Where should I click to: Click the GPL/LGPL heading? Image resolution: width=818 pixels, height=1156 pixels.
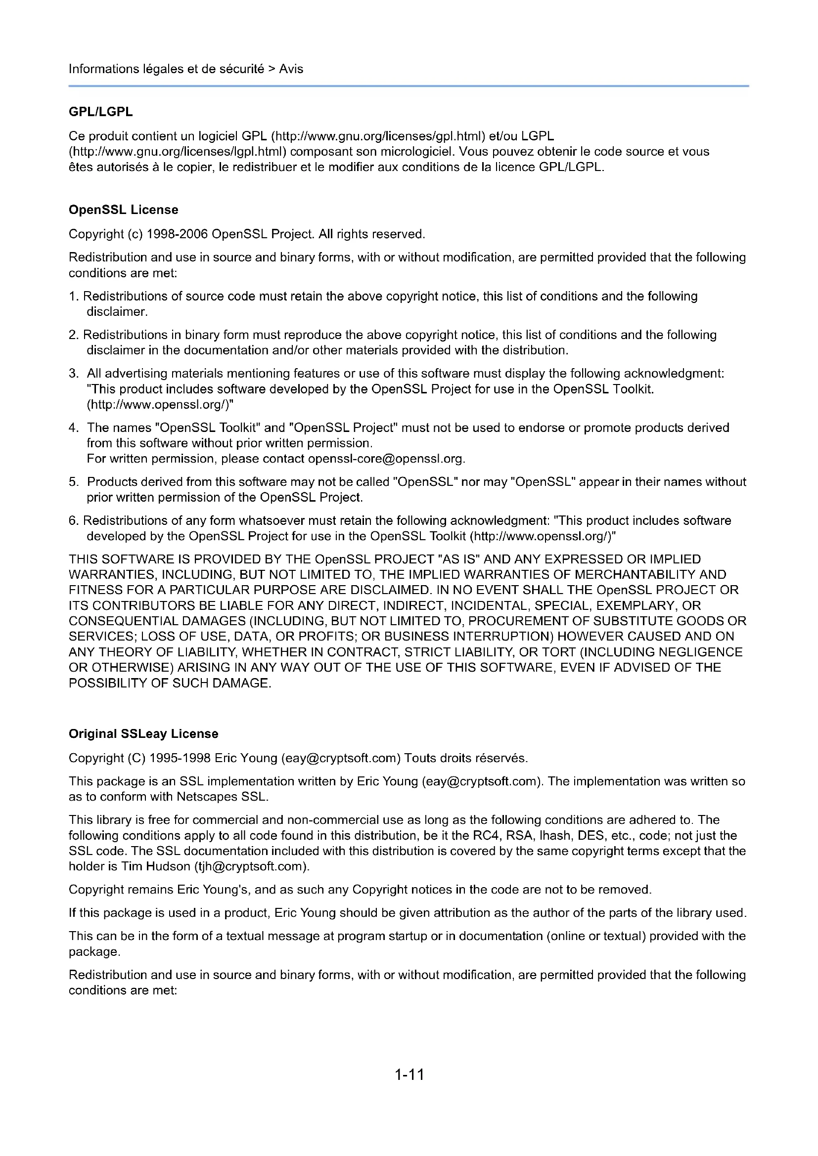101,112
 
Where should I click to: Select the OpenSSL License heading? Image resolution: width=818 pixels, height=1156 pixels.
124,210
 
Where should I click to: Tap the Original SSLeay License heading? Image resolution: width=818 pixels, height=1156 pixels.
143,733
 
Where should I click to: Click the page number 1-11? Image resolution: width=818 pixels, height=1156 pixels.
409,1074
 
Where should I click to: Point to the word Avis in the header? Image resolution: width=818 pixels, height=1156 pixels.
291,69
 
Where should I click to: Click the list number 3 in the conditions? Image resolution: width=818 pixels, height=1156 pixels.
73,374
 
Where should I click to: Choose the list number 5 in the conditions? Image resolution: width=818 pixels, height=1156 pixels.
73,482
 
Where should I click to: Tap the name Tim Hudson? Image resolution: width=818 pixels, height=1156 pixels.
156,866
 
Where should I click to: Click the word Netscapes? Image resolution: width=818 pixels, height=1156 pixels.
207,797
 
